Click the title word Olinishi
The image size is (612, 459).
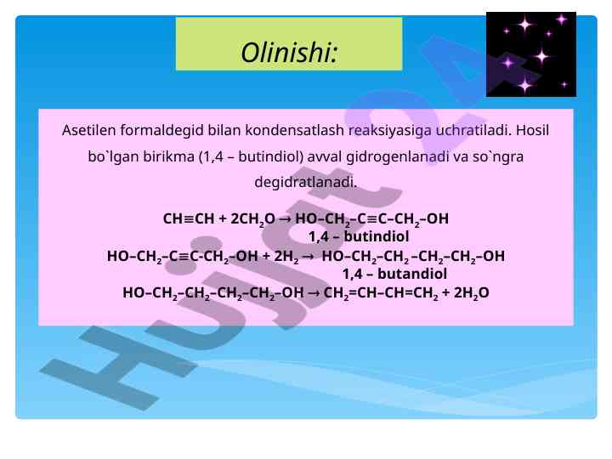pyautogui.click(x=289, y=53)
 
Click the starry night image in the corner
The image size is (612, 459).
pyautogui.click(x=530, y=54)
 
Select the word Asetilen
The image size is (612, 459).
pyautogui.click(x=89, y=130)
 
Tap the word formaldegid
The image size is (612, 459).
pyautogui.click(x=162, y=130)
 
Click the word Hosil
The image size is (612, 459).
pyautogui.click(x=532, y=130)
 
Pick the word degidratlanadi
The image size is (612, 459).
pyautogui.click(x=306, y=182)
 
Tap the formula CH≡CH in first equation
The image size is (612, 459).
pyautogui.click(x=189, y=218)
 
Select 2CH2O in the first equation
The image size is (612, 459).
pyautogui.click(x=253, y=219)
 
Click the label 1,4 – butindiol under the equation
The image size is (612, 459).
pyautogui.click(x=359, y=236)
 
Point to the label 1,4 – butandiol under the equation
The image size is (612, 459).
pyautogui.click(x=394, y=274)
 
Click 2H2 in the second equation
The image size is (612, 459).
pyautogui.click(x=286, y=257)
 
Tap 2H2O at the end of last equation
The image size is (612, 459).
pyautogui.click(x=471, y=293)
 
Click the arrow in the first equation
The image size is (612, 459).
pyautogui.click(x=286, y=219)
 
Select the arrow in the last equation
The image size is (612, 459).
pyautogui.click(x=314, y=293)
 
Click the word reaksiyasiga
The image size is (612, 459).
pyautogui.click(x=390, y=130)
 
